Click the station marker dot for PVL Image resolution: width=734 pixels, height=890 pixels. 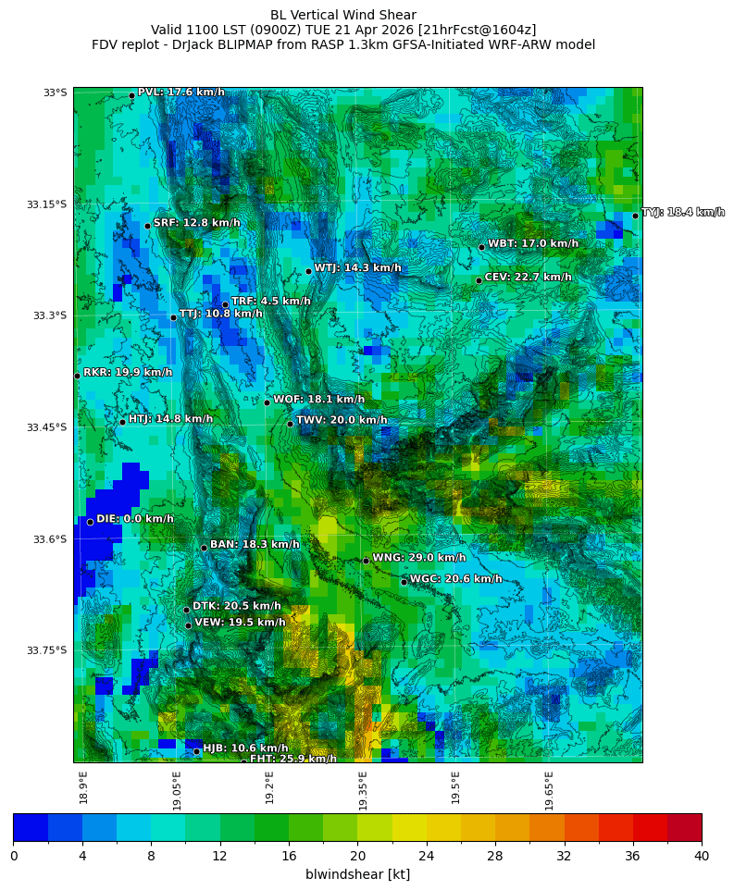(131, 95)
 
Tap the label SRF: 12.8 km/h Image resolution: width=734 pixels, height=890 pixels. (196, 223)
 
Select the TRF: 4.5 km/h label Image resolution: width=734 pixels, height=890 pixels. (270, 302)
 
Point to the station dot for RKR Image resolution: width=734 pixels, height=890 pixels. (77, 376)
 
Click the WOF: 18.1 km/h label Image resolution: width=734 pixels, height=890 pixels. (318, 400)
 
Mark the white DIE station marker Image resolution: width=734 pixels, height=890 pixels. (90, 522)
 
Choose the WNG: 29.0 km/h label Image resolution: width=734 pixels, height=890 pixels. (418, 558)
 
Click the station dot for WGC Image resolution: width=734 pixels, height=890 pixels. (404, 582)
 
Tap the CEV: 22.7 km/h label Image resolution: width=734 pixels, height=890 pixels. (528, 277)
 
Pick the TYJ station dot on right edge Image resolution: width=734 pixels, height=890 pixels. (635, 216)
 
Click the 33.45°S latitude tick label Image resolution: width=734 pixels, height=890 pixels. (50, 427)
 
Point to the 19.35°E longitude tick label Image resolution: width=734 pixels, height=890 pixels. (363, 790)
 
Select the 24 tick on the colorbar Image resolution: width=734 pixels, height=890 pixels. (427, 856)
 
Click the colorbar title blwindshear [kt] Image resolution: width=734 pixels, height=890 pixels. (357, 874)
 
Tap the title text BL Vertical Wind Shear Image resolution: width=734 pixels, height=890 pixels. (343, 15)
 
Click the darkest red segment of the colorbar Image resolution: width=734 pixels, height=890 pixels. (684, 827)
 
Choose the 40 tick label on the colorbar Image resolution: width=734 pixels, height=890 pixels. (702, 856)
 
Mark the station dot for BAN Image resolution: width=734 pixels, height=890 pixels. (204, 548)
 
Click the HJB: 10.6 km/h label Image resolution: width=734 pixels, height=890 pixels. (245, 748)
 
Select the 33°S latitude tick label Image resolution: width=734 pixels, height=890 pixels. (55, 93)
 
